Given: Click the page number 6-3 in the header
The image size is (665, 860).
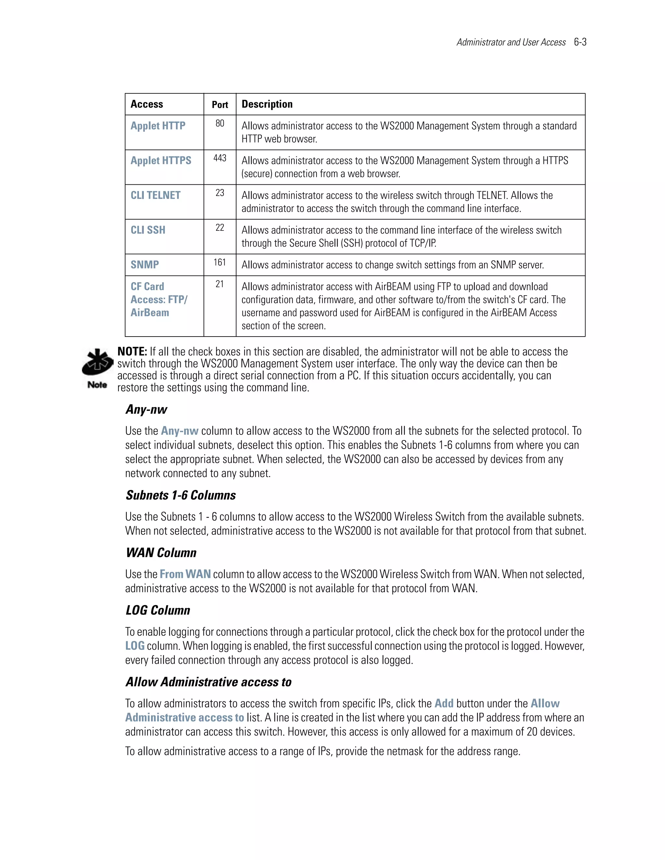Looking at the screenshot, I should (580, 42).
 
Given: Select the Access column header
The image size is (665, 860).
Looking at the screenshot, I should (146, 104).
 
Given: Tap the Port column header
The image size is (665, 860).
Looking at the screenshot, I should (220, 105).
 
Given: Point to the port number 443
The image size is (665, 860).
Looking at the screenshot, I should (220, 158).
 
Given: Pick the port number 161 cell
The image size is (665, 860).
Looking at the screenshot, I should (220, 262).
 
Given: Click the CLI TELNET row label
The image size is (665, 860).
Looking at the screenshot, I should (155, 195).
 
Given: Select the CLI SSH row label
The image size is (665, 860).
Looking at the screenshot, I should (148, 230).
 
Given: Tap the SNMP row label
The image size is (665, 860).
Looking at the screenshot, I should (144, 264).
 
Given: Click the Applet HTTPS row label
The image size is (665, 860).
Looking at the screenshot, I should (161, 161).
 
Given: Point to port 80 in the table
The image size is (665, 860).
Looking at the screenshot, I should (220, 124).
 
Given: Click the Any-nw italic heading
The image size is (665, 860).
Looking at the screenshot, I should (146, 410).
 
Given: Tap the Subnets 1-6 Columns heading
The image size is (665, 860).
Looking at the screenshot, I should (181, 495).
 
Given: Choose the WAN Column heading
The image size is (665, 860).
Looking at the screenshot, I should (161, 553).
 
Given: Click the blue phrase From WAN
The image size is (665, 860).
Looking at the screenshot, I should (185, 574).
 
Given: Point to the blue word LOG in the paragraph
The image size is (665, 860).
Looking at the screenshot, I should (135, 646).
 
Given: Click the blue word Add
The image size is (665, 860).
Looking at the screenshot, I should (444, 703).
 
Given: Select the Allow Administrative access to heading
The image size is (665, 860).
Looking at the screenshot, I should (208, 682).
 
